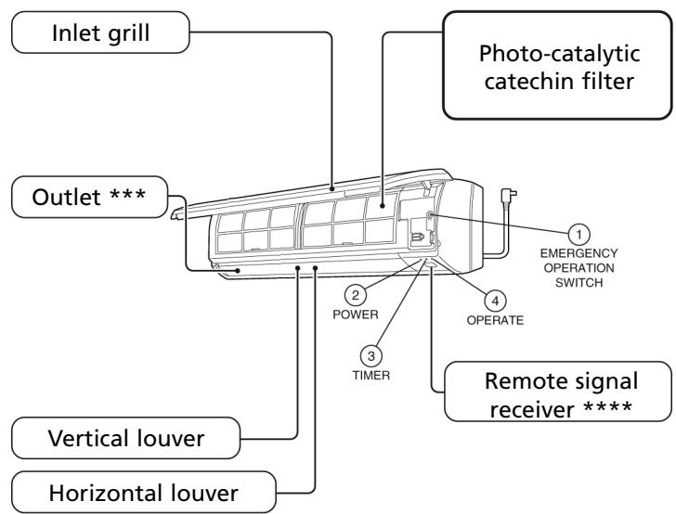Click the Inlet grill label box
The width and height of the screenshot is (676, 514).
pos(100,32)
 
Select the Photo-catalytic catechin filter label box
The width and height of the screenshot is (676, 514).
pos(557,66)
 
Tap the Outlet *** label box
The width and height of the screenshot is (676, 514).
pos(90,197)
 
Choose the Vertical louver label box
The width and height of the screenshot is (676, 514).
pos(126,438)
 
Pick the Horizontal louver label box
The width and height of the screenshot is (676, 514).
pos(144,493)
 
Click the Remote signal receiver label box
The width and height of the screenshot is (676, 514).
pos(558,392)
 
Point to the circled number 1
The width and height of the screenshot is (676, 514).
pos(579,235)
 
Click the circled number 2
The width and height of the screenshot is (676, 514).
pos(356,295)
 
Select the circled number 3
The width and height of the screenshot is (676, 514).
pos(370,356)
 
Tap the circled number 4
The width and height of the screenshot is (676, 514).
pos(495,301)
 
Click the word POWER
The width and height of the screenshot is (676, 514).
pos(356,315)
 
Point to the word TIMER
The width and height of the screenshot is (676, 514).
pos(370,375)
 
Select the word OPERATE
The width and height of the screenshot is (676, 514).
pos(495,320)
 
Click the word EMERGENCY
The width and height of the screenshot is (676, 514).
pos(579,253)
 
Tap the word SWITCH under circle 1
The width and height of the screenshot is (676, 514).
pos(579,283)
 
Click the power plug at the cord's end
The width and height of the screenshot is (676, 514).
pos(508,196)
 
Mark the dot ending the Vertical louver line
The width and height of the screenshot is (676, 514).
pos(297,268)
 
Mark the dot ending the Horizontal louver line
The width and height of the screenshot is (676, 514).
pos(316,268)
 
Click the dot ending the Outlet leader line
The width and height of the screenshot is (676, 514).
pos(238,271)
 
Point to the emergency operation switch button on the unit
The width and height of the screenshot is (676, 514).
pos(429,214)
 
